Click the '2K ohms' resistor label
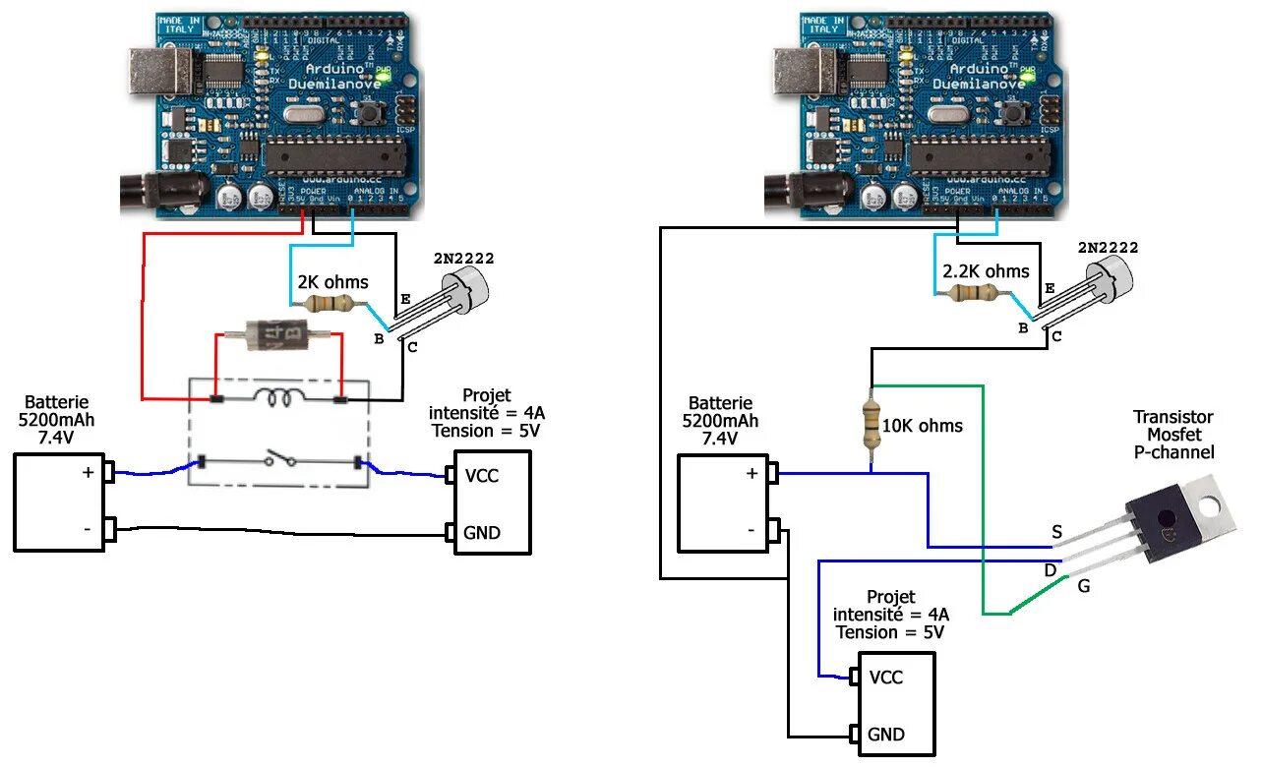coord(332,282)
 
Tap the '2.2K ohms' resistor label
coord(986,271)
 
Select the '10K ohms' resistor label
coord(922,426)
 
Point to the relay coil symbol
coord(278,397)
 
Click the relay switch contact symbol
coord(277,460)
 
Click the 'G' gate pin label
coord(1084,587)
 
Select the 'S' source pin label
coord(1056,532)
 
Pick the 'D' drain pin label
coord(1051,569)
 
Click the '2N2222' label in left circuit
coord(463,259)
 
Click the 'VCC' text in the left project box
coord(482,476)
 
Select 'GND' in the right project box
coord(886,734)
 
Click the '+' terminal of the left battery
coord(88,472)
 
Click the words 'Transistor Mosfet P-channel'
coord(1172,435)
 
